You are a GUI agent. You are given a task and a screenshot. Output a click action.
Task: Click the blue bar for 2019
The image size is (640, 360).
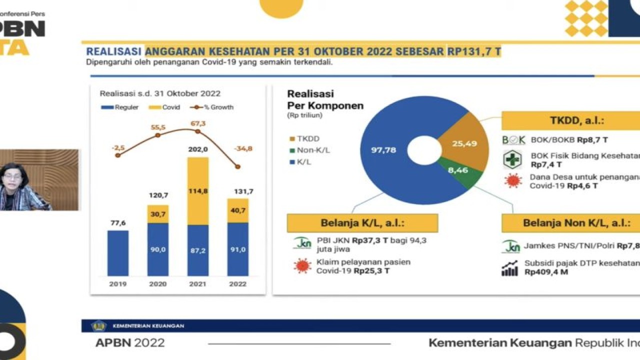coord(118,253)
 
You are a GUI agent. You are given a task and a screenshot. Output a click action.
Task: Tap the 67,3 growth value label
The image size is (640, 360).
coord(197,123)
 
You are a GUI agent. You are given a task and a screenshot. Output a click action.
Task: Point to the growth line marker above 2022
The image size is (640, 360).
coord(237,166)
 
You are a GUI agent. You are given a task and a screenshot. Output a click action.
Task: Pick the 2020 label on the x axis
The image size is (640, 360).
coord(158,283)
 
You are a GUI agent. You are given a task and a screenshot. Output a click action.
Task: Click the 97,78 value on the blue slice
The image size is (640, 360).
coord(384,149)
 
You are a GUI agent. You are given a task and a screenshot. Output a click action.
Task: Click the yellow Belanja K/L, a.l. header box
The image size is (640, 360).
coord(362,223)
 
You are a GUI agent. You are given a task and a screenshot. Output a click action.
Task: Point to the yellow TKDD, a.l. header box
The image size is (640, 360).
coord(570,120)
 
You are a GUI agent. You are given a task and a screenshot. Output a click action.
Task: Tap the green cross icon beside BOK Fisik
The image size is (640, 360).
coord(512,159)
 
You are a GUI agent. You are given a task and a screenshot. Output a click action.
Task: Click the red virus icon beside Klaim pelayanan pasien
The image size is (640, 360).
coord(302,266)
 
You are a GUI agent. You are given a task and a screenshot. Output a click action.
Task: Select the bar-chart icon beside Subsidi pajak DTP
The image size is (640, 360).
coord(510,268)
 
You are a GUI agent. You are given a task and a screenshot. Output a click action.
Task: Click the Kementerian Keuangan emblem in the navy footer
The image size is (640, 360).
coord(98,326)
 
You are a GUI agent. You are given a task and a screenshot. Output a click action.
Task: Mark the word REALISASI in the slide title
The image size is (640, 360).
coord(114,51)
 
